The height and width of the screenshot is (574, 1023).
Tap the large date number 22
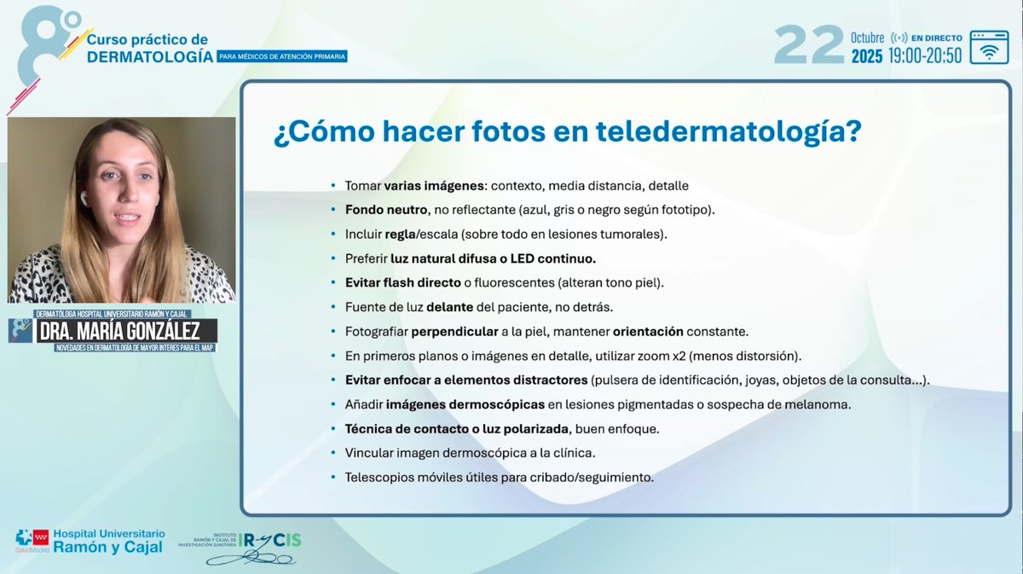point(808,45)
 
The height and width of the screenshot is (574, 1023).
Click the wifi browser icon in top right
point(989,47)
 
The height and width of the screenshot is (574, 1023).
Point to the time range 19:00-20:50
point(924,56)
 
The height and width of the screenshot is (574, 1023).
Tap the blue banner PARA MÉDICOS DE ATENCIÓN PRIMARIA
point(282,56)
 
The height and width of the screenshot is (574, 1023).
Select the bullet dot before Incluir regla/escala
point(333,234)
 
